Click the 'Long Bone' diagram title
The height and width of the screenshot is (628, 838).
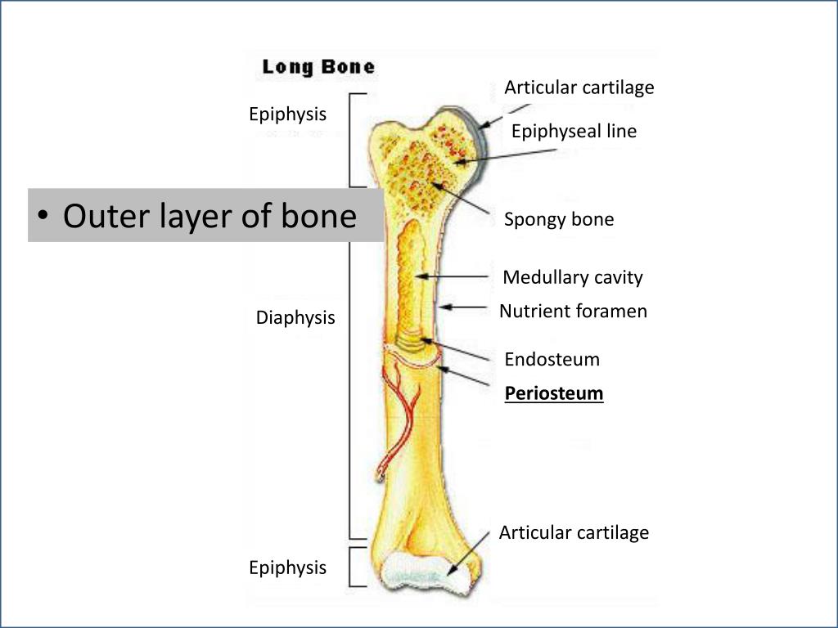(318, 67)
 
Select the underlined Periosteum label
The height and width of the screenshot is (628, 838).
(554, 394)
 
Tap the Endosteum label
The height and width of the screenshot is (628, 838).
(552, 359)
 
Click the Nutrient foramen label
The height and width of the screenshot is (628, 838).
(573, 311)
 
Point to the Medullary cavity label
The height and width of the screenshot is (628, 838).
(573, 277)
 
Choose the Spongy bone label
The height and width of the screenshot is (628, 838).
(559, 219)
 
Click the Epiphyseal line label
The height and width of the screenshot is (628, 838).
(574, 131)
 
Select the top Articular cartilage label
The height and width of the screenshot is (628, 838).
(579, 87)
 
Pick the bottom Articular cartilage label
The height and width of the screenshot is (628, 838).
(574, 532)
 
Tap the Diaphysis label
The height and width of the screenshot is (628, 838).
(295, 317)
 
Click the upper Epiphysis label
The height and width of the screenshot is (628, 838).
(287, 114)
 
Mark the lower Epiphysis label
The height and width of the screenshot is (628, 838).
(287, 567)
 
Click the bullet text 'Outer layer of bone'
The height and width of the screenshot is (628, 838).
(209, 216)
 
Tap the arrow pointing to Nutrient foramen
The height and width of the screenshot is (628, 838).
(464, 308)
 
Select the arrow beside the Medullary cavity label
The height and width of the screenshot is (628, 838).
(458, 277)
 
